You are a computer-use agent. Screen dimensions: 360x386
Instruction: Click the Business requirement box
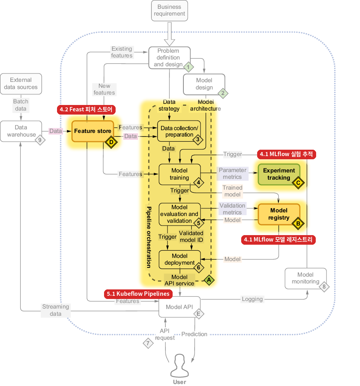pyautogui.click(x=169, y=11)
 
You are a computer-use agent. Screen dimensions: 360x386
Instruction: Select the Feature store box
pyautogui.click(x=92, y=131)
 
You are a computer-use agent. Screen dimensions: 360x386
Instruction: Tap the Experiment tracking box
pyautogui.click(x=279, y=174)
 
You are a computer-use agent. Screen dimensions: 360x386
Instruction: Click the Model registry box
pyautogui.click(x=279, y=214)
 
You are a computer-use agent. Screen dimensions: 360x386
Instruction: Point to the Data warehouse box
pyautogui.click(x=21, y=131)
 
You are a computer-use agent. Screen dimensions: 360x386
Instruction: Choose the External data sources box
pyautogui.click(x=21, y=84)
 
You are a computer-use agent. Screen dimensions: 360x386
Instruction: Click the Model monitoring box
pyautogui.click(x=306, y=278)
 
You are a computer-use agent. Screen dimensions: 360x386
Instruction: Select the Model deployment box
pyautogui.click(x=180, y=260)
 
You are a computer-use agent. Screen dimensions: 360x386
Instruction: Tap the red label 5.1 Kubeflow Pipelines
pyautogui.click(x=138, y=294)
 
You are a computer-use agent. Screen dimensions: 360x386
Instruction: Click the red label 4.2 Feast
pyautogui.click(x=86, y=109)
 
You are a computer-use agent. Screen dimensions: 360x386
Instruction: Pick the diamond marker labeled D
pyautogui.click(x=111, y=142)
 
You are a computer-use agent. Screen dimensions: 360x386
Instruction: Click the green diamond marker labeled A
pyautogui.click(x=209, y=280)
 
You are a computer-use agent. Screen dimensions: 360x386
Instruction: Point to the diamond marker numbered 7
pyautogui.click(x=148, y=343)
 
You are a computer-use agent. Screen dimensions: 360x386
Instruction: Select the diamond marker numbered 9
pyautogui.click(x=40, y=140)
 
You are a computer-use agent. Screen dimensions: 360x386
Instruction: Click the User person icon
pyautogui.click(x=180, y=366)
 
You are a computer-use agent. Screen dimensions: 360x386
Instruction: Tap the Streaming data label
pyautogui.click(x=55, y=310)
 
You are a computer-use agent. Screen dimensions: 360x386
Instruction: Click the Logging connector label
pyautogui.click(x=252, y=299)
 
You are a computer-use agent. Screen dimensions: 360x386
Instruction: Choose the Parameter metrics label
pyautogui.click(x=232, y=174)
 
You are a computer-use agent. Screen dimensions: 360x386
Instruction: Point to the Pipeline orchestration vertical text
pyautogui.click(x=149, y=237)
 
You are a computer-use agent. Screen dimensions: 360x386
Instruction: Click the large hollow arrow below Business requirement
pyautogui.click(x=169, y=34)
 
